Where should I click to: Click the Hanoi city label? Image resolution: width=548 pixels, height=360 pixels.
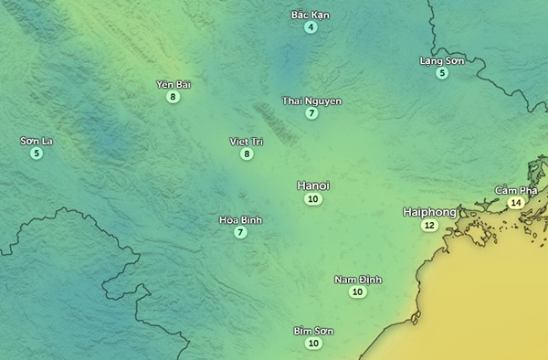coord(313,185)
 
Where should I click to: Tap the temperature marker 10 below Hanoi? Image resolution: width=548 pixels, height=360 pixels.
coord(313,199)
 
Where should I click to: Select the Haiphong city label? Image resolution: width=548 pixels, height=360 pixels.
coord(429,212)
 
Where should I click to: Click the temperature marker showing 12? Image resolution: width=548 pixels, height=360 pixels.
coord(429,226)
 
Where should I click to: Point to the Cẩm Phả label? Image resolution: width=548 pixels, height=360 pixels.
coord(514,190)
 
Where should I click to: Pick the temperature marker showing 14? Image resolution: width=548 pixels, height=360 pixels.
coord(516,203)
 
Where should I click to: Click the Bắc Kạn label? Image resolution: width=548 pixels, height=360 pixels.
coord(311,15)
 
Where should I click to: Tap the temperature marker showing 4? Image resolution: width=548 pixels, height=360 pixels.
coord(311,27)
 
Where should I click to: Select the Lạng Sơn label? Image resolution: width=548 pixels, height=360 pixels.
coord(442,60)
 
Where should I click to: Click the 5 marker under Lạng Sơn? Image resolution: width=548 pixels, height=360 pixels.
coord(442,73)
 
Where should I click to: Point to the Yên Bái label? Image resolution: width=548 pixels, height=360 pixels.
coord(173,84)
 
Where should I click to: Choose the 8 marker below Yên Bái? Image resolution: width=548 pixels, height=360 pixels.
coord(173,97)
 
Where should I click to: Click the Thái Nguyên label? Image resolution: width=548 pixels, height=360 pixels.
coord(312,101)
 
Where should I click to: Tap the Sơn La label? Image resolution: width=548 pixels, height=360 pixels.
coord(37,141)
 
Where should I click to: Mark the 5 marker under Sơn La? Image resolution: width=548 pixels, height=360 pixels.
coord(37,154)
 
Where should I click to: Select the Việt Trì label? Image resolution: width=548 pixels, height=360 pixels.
coord(246,142)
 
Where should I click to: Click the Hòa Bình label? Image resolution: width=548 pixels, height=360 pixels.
coord(240,220)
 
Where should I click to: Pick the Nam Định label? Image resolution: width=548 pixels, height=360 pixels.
coord(358,280)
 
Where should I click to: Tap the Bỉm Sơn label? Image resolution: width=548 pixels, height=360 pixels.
coord(313,331)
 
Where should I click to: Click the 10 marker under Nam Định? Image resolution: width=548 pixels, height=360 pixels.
coord(358,292)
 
